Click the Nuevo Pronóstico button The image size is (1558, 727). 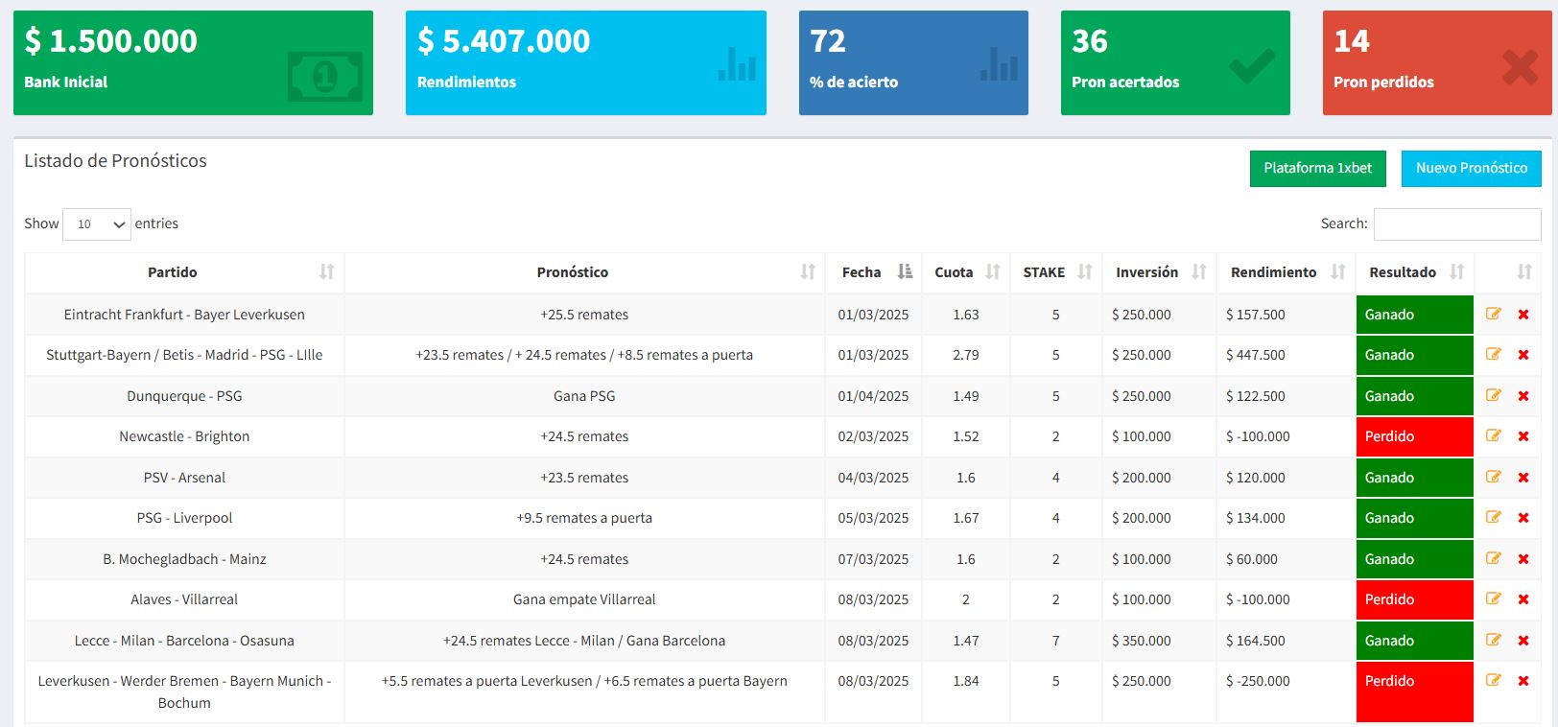tap(1471, 168)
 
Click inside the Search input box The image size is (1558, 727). tap(1456, 223)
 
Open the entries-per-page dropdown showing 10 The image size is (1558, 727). tap(97, 223)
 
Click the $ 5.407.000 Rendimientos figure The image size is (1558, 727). tap(504, 41)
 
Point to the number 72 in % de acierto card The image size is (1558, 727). tap(828, 41)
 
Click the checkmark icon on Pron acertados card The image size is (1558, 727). tap(1252, 66)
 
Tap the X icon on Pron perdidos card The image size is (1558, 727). tap(1520, 66)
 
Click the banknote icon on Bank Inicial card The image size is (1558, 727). tap(325, 76)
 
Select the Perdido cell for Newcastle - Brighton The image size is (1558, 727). tap(1414, 436)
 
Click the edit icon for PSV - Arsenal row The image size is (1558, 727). tap(1493, 477)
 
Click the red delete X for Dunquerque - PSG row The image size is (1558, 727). tap(1523, 396)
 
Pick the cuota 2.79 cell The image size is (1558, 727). tap(965, 355)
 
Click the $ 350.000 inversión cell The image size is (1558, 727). tap(1141, 641)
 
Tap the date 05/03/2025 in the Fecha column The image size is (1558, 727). tap(872, 518)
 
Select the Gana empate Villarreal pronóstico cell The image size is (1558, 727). tap(584, 599)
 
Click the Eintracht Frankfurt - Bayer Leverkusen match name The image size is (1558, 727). tap(184, 315)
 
